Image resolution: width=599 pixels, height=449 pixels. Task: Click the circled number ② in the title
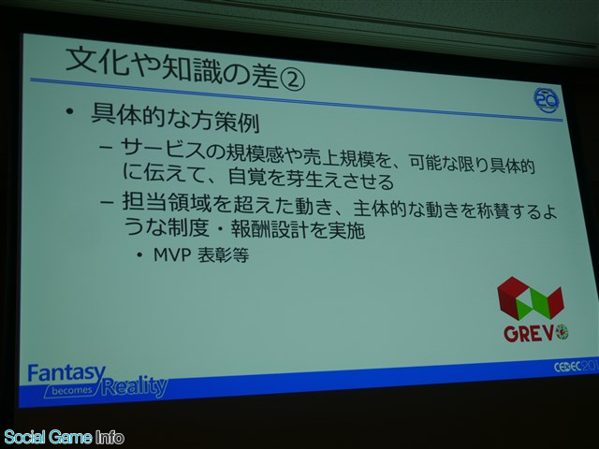tap(292, 81)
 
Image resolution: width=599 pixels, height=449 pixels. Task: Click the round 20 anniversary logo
tap(547, 100)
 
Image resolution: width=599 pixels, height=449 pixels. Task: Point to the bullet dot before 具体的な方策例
tap(69, 111)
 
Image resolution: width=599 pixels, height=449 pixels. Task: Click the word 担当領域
tap(167, 202)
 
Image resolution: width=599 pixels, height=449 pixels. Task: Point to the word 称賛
tap(495, 211)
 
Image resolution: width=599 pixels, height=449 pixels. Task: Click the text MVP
tap(172, 254)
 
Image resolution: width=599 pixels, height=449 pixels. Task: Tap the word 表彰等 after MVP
tap(223, 255)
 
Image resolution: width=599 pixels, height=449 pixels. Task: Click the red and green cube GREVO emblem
tap(531, 297)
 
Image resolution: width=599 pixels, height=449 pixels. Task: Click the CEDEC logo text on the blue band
tap(576, 367)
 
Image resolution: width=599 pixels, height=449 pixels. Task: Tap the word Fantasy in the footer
tap(66, 373)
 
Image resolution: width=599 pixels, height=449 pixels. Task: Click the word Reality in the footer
tap(135, 385)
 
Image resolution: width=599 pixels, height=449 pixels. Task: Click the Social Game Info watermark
tap(64, 437)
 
